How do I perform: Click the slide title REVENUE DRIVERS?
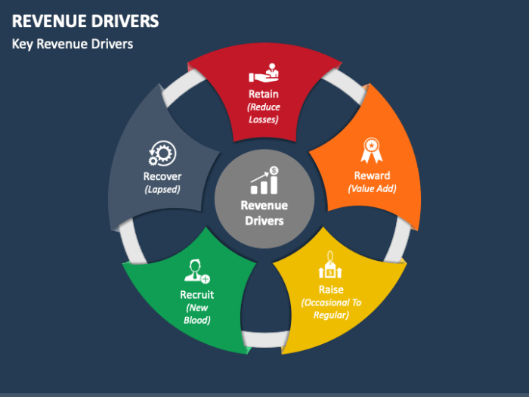pyautogui.click(x=85, y=20)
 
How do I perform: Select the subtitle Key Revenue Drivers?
pyautogui.click(x=73, y=44)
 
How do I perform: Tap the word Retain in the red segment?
pyautogui.click(x=264, y=95)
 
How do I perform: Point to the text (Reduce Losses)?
pyautogui.click(x=264, y=113)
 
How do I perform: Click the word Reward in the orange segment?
pyautogui.click(x=372, y=176)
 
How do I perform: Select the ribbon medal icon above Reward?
pyautogui.click(x=371, y=150)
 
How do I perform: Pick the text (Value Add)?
pyautogui.click(x=372, y=189)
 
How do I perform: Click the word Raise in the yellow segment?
pyautogui.click(x=331, y=290)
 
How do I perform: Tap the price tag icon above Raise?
pyautogui.click(x=329, y=266)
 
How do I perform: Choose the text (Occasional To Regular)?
pyautogui.click(x=331, y=309)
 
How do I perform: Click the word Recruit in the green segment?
pyautogui.click(x=196, y=295)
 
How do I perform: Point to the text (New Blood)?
pyautogui.click(x=196, y=314)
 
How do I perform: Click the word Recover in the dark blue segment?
pyautogui.click(x=162, y=177)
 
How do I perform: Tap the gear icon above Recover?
pyautogui.click(x=161, y=154)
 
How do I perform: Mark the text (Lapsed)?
pyautogui.click(x=162, y=190)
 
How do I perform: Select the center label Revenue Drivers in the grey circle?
pyautogui.click(x=264, y=212)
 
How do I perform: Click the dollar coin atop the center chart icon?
pyautogui.click(x=274, y=170)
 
